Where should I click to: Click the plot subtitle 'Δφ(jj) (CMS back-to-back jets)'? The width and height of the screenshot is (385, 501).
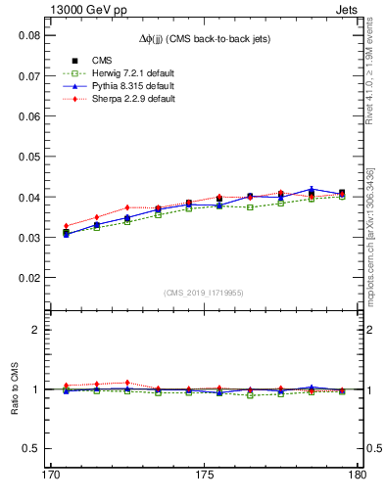click(203, 38)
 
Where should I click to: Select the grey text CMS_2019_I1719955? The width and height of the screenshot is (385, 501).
click(204, 293)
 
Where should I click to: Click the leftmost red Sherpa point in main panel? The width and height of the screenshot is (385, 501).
click(66, 226)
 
